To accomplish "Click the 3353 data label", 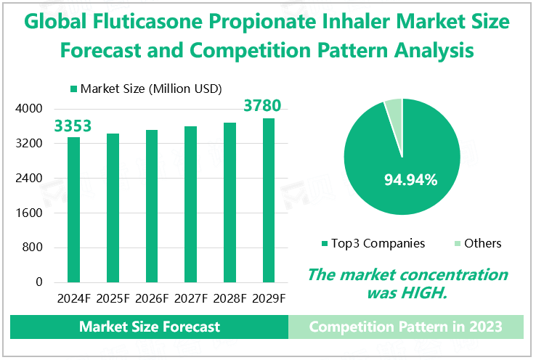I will click(73, 126).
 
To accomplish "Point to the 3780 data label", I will click(262, 107).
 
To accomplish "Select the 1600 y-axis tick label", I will click(29, 213).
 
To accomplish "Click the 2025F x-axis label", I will click(113, 298).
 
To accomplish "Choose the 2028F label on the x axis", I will click(230, 298).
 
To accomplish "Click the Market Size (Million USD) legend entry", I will click(146, 89).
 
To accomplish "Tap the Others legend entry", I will click(482, 243).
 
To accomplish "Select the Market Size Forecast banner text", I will click(150, 327).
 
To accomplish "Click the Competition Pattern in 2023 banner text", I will click(405, 327).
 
